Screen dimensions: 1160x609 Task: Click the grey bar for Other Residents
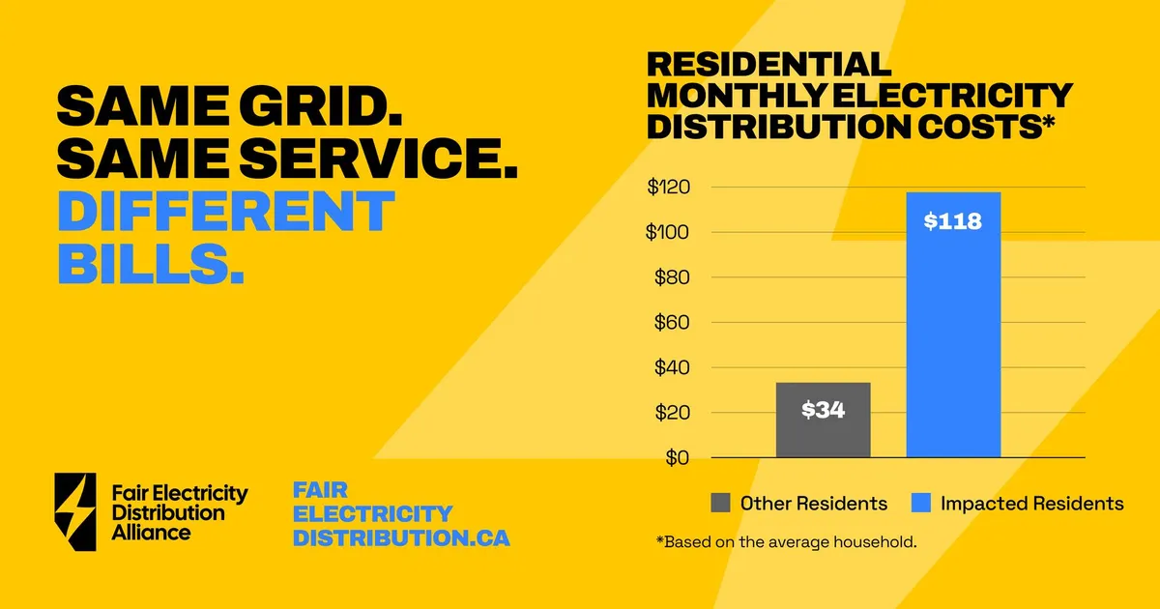(x=823, y=420)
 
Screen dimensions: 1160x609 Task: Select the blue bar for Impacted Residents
(x=953, y=325)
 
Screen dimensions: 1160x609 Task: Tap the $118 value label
(x=953, y=221)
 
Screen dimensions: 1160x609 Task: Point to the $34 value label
(x=823, y=410)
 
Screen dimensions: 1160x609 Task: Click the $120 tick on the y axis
(x=669, y=187)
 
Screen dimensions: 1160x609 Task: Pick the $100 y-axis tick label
(x=668, y=232)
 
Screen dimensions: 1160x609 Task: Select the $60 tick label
(x=672, y=322)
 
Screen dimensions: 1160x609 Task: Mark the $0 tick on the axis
(x=678, y=458)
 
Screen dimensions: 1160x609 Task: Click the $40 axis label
(x=672, y=367)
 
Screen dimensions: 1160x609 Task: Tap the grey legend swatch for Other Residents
(x=720, y=503)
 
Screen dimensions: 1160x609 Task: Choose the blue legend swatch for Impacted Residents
(x=920, y=503)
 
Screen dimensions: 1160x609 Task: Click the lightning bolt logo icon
(x=75, y=511)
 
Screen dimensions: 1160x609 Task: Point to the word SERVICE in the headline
(x=379, y=159)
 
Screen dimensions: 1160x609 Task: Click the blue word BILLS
(x=151, y=263)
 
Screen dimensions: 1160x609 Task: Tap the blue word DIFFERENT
(x=226, y=211)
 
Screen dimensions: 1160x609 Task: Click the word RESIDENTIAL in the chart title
(x=769, y=64)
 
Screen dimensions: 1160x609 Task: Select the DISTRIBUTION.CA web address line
(x=401, y=537)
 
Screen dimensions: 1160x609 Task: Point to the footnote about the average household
(x=786, y=542)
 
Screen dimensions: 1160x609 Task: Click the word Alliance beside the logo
(x=151, y=533)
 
